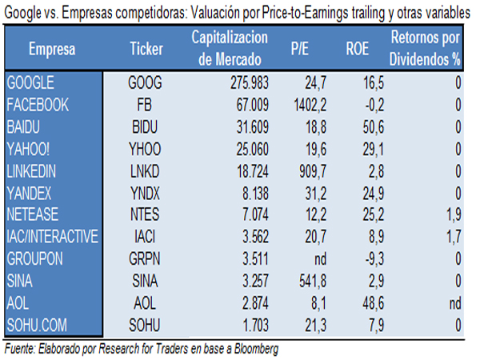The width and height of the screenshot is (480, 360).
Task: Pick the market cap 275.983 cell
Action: [239, 82]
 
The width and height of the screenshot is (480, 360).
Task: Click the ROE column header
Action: [357, 49]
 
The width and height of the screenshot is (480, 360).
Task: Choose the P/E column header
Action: [300, 49]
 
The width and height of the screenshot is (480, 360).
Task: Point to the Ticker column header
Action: [146, 49]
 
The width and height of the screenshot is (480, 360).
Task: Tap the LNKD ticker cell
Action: [145, 170]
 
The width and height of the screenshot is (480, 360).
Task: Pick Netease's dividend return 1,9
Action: [454, 214]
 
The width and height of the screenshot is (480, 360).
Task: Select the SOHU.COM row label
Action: [38, 325]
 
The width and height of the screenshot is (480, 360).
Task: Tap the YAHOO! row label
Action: [30, 148]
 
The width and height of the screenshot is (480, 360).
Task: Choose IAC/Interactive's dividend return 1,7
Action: [454, 236]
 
